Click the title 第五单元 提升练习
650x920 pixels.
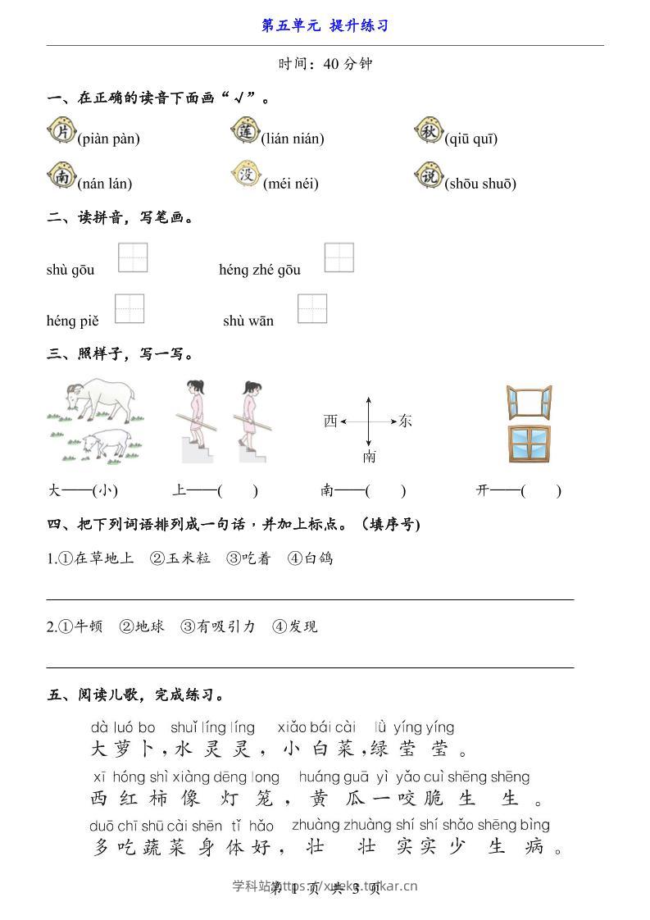(x=325, y=25)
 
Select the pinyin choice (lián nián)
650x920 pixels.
(x=292, y=139)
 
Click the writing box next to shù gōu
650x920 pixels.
(x=133, y=257)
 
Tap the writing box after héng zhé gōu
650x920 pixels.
(x=339, y=257)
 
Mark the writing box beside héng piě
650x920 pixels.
(x=130, y=308)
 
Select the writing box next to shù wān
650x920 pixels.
(x=312, y=308)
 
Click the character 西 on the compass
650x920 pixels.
(x=330, y=421)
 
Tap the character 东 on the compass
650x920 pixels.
(x=405, y=421)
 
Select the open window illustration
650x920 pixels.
(x=528, y=403)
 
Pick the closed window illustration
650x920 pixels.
(x=529, y=444)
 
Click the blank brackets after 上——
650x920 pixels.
(x=238, y=491)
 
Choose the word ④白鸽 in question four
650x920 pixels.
(x=310, y=558)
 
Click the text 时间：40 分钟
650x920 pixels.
(x=325, y=64)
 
